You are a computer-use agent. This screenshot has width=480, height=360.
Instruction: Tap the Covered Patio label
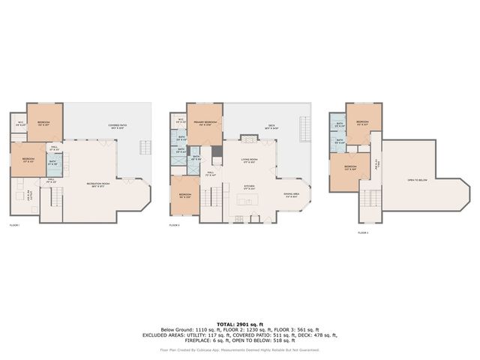(x=116, y=127)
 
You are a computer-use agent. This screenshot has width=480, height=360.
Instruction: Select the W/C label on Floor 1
(x=20, y=124)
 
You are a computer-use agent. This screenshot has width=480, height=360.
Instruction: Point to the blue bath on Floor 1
(x=52, y=163)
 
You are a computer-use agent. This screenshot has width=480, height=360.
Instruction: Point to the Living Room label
(x=249, y=160)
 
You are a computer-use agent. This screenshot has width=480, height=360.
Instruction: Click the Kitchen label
(x=248, y=187)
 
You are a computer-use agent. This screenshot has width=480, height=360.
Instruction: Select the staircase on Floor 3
(x=370, y=199)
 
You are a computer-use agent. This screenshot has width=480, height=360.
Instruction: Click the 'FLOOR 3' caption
(x=363, y=234)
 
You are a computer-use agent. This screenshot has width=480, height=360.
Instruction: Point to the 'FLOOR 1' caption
(x=14, y=225)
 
